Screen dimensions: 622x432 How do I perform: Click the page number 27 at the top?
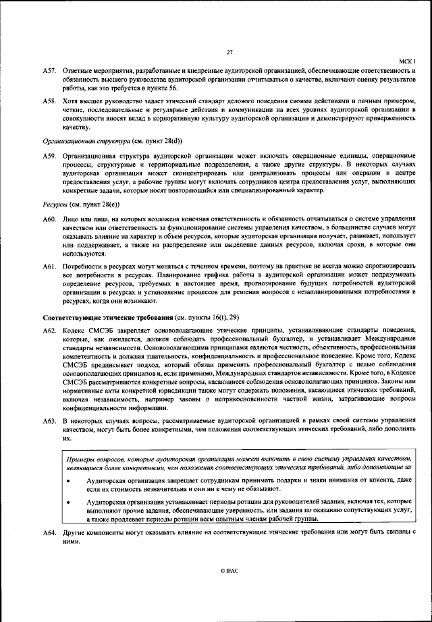coord(230,53)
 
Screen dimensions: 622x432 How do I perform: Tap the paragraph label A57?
coord(49,70)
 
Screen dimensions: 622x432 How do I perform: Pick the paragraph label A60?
coord(49,219)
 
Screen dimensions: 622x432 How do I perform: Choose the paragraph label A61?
coord(49,268)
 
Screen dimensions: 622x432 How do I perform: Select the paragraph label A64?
coord(49,533)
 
